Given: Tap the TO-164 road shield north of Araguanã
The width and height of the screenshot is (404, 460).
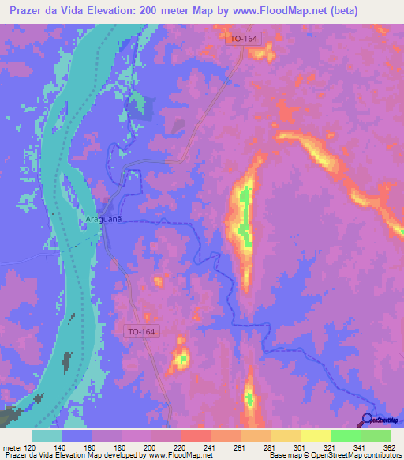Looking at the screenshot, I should click(x=241, y=40).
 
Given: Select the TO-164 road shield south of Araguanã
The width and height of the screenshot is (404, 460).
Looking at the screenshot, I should click(x=141, y=333).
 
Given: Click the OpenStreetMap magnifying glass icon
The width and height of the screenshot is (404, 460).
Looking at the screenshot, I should click(x=367, y=420).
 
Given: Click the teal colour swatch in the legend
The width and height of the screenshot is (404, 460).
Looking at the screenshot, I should click(x=47, y=435).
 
